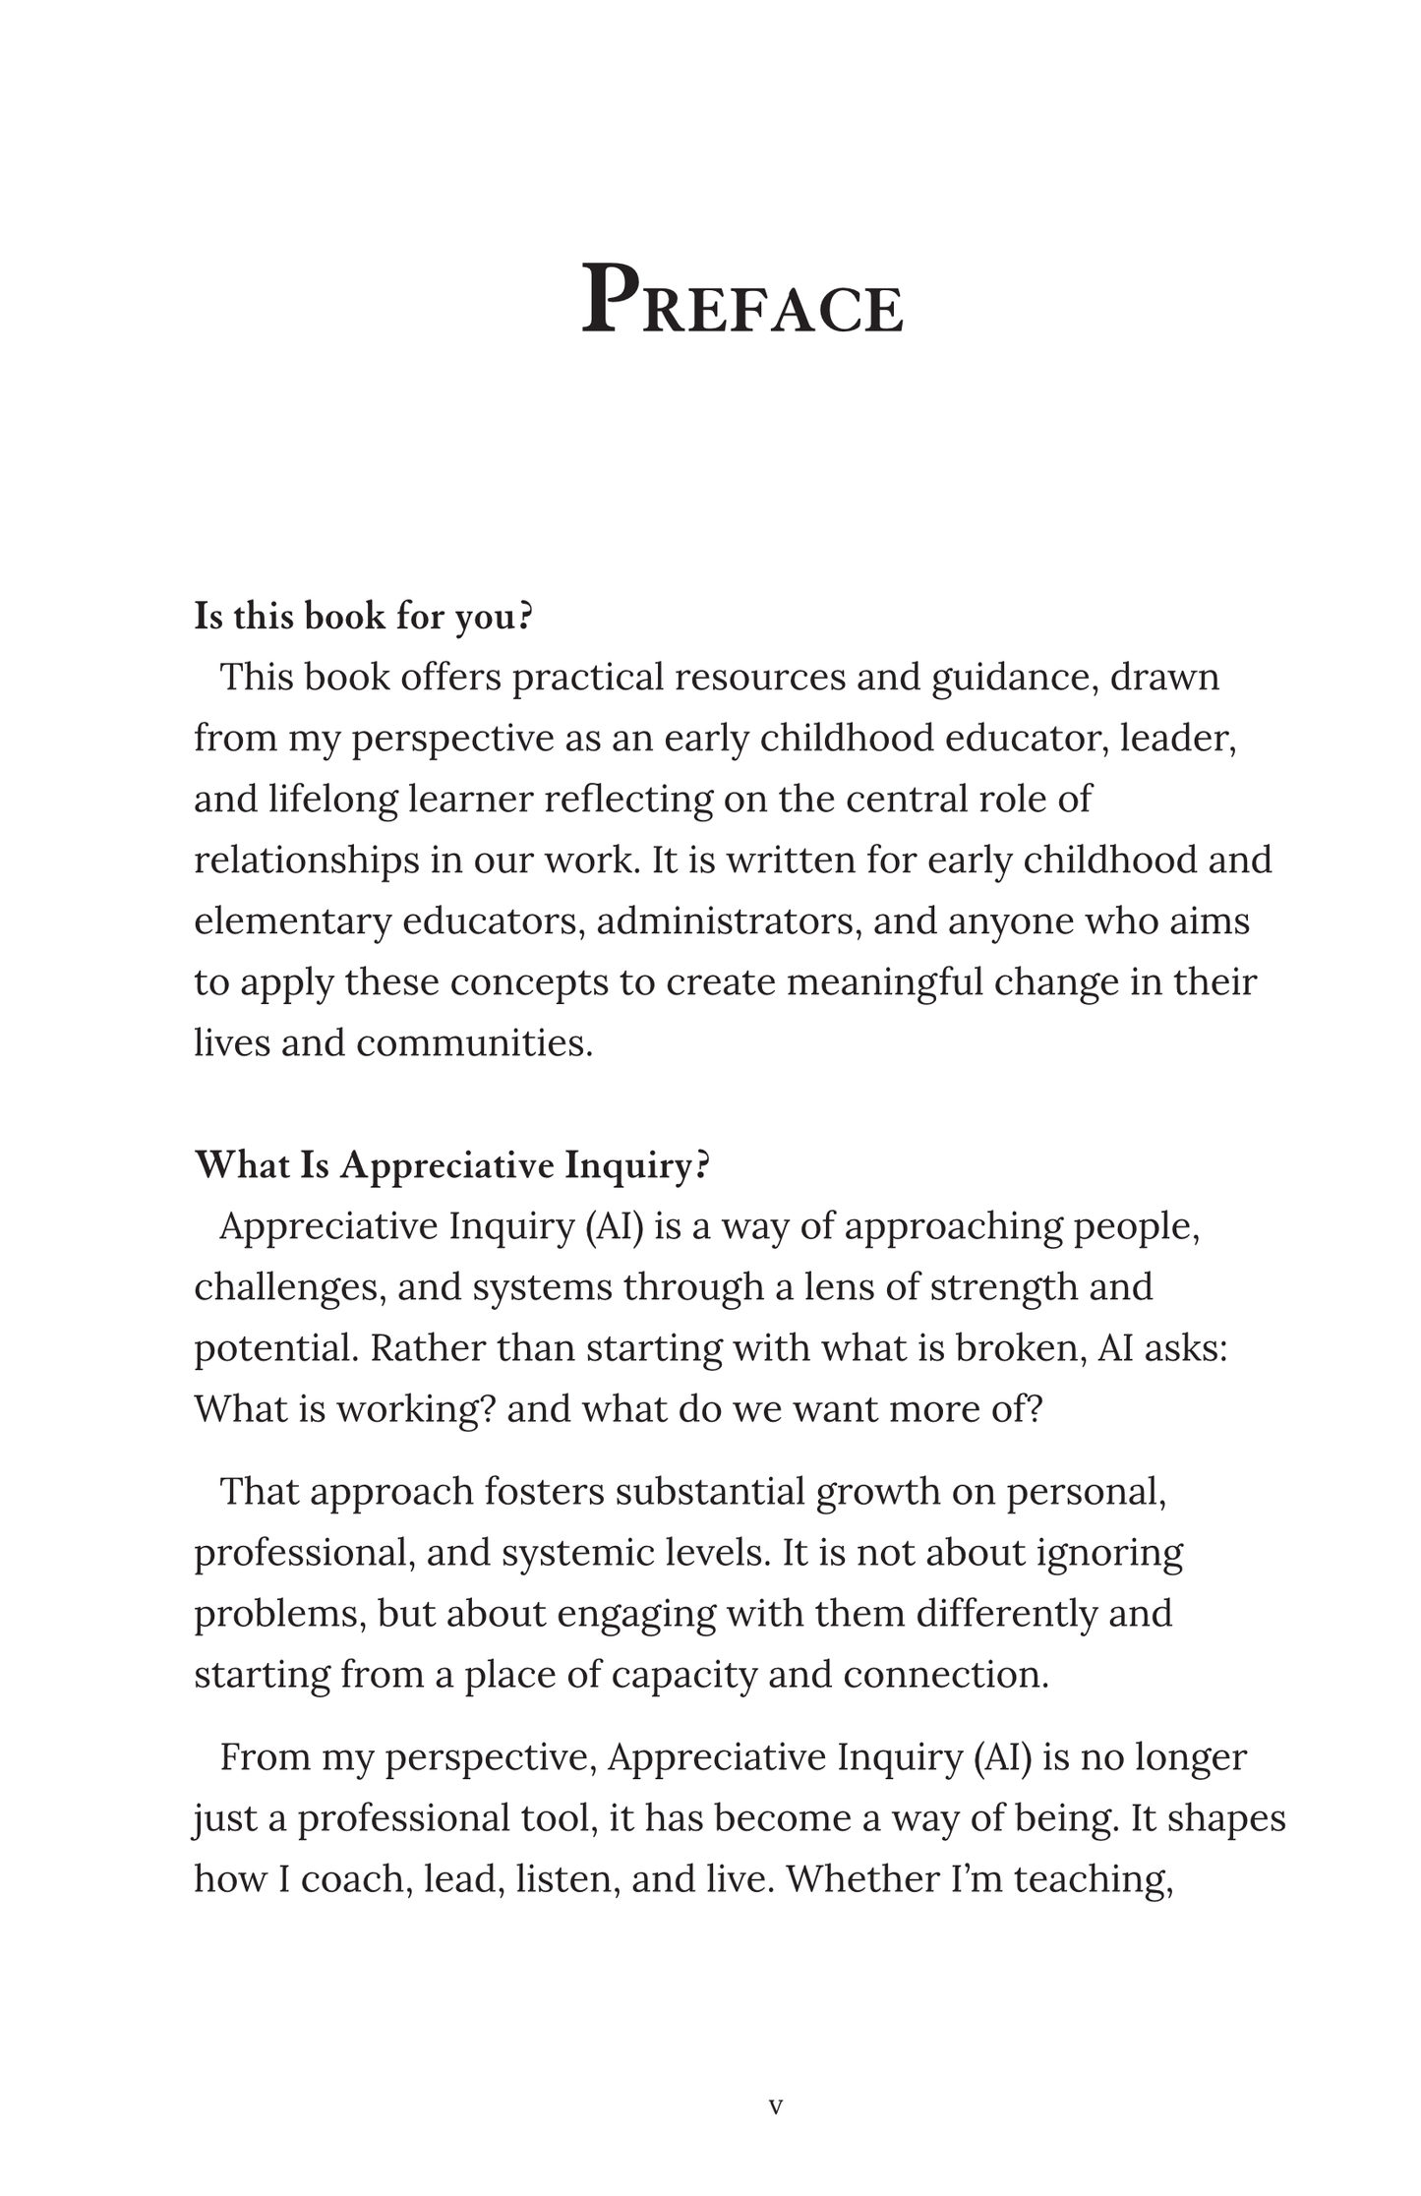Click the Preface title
pos(741,301)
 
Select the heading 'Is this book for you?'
pos(363,617)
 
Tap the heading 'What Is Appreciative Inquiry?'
pos(452,1165)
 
